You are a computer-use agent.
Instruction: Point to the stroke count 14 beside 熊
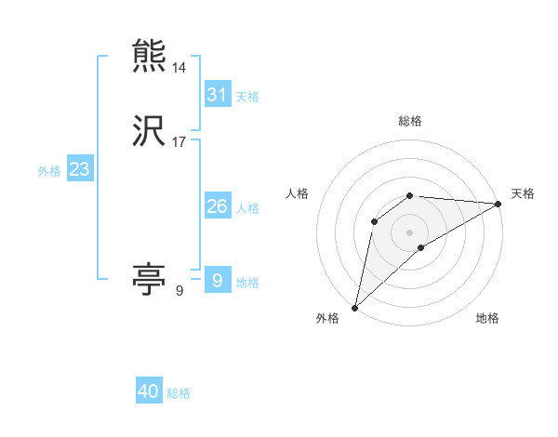click(179, 68)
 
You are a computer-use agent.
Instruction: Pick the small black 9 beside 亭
click(179, 291)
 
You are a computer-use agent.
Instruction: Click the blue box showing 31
click(218, 95)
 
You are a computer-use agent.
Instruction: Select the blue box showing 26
click(218, 206)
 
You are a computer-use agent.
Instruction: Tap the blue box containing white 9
click(218, 281)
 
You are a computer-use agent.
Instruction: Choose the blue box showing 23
click(79, 169)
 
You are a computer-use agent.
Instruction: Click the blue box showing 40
click(149, 392)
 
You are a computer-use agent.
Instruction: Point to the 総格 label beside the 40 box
click(179, 393)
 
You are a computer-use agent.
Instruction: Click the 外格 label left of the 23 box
click(49, 171)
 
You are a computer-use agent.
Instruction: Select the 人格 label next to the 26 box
click(247, 208)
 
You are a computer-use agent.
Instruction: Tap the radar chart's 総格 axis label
click(410, 121)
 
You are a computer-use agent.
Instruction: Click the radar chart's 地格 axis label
click(487, 318)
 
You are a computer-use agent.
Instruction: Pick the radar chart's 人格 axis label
click(298, 193)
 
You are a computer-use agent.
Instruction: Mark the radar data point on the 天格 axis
click(498, 204)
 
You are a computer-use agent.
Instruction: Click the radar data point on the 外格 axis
click(354, 308)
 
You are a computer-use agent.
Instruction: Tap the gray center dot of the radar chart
click(410, 232)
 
